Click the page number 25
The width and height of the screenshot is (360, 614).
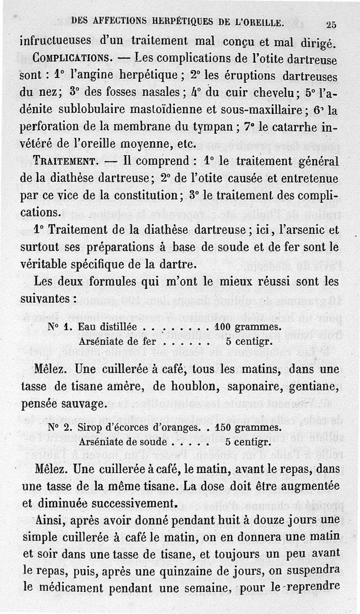click(335, 25)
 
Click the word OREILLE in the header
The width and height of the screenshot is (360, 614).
click(256, 21)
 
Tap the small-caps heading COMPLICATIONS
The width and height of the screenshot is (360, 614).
click(72, 58)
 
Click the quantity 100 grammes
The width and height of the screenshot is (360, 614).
click(248, 327)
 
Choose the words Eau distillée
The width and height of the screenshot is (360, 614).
click(107, 327)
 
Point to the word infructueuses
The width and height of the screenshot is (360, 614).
click(56, 41)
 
